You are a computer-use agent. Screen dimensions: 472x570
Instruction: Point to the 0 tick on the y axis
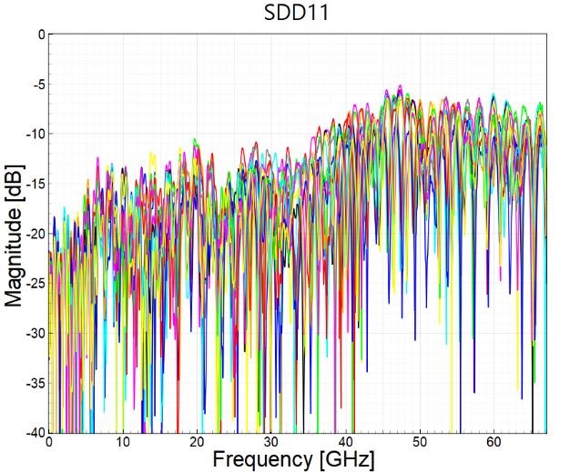point(39,35)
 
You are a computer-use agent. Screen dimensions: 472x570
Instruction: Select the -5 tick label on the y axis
point(36,85)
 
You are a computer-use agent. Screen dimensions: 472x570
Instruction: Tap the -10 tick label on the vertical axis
point(34,134)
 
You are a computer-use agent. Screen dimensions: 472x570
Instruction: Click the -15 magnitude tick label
point(34,184)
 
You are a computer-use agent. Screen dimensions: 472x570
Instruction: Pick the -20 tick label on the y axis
point(34,234)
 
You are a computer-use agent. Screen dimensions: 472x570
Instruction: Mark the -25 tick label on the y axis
point(34,283)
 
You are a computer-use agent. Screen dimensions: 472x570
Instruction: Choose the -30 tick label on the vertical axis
point(34,333)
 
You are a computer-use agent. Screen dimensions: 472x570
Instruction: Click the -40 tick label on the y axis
point(34,431)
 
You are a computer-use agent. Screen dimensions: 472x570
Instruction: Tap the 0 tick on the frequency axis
point(49,442)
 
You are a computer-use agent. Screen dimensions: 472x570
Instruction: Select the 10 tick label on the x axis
point(123,442)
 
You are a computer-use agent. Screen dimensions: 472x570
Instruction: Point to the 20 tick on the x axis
point(197,442)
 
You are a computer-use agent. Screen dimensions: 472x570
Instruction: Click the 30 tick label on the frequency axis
point(271,442)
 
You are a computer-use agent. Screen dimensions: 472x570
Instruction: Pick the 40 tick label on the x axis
point(345,442)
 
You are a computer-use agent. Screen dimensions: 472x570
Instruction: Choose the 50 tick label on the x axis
point(420,442)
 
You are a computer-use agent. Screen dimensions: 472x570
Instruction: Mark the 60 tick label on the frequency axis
point(494,442)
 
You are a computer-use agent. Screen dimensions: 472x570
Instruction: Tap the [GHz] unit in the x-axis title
point(346,459)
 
